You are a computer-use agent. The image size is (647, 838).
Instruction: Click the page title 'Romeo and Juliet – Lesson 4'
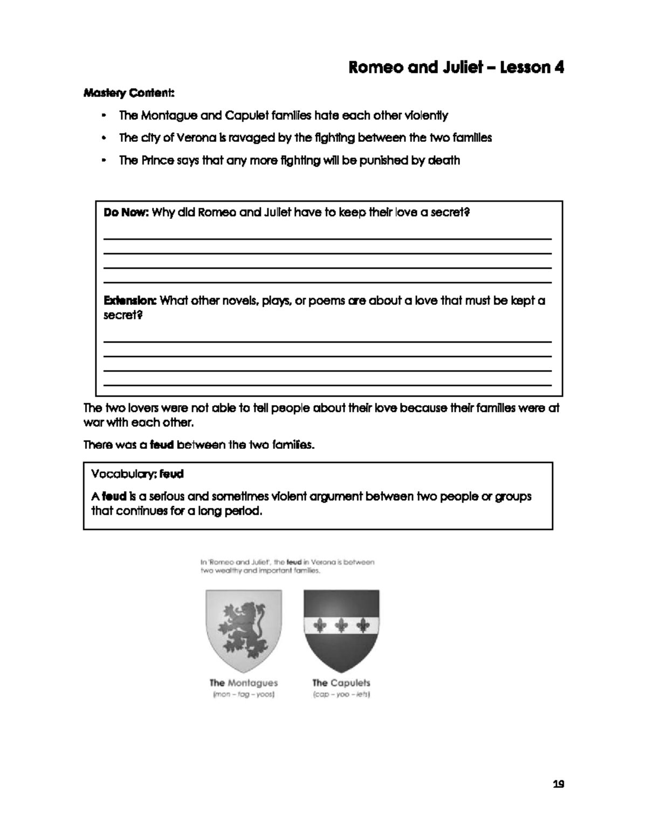[x=456, y=67]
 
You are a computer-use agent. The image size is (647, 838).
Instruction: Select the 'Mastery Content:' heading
[x=129, y=93]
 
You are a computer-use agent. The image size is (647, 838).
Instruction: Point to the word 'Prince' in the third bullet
[x=158, y=160]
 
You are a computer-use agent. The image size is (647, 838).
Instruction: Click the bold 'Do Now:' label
[x=126, y=213]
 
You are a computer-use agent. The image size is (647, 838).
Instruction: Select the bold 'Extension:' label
[x=130, y=301]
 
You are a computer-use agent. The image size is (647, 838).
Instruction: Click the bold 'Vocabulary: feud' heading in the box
[x=137, y=474]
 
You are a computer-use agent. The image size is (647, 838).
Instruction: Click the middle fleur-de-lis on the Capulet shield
[x=341, y=625]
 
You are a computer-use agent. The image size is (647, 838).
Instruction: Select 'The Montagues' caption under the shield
[x=243, y=683]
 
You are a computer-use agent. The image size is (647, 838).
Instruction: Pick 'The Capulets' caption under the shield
[x=341, y=683]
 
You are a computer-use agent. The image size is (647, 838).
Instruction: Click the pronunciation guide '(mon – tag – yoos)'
[x=243, y=695]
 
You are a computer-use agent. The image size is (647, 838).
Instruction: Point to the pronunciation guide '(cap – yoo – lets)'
[x=341, y=695]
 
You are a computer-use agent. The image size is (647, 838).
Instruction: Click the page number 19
[x=558, y=784]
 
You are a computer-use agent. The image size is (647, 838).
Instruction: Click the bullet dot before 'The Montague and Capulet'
[x=104, y=115]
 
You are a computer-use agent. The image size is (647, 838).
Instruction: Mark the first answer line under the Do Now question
[x=327, y=239]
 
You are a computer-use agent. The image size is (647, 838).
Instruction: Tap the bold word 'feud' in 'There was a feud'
[x=162, y=445]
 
